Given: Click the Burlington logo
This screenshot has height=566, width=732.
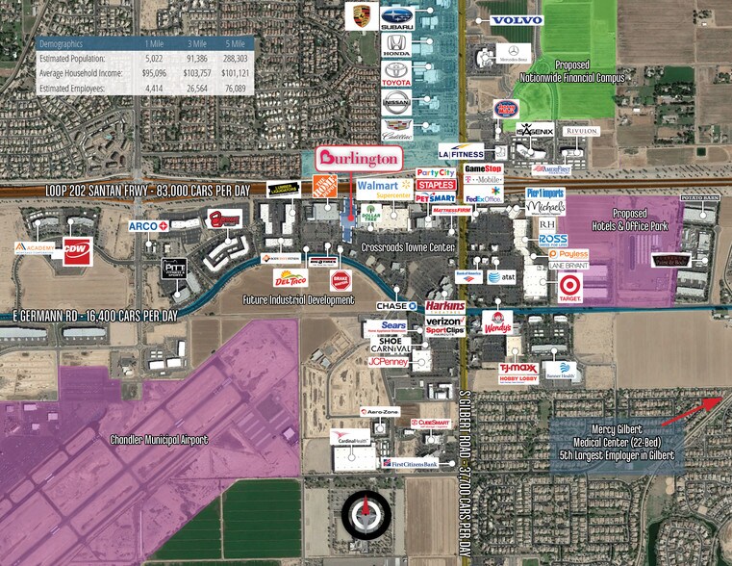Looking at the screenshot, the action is coord(359,158).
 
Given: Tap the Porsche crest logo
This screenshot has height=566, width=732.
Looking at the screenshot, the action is coord(362,16).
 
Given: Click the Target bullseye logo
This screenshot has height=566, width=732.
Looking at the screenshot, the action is coord(569,285).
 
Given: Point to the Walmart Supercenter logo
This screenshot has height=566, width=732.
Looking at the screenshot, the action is coord(383,189).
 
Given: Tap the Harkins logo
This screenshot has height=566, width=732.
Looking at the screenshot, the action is coord(445,305).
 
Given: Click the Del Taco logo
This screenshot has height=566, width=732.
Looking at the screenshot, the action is coord(290,279).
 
